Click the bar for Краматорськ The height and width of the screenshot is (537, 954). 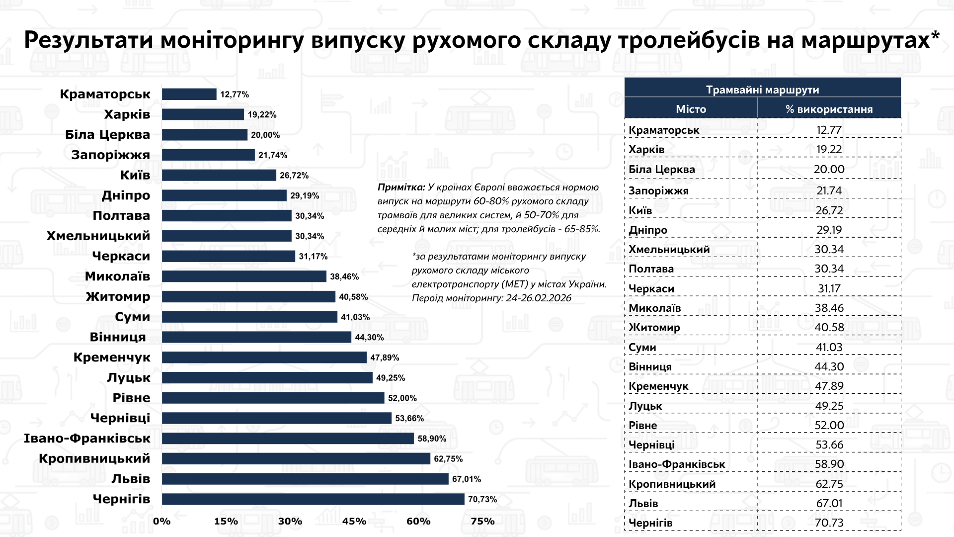[x=189, y=94]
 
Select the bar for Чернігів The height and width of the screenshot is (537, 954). [x=313, y=499]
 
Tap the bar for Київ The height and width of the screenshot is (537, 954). [x=219, y=175]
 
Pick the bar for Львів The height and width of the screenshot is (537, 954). [x=305, y=479]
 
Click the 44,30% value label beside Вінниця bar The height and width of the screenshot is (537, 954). [x=369, y=337]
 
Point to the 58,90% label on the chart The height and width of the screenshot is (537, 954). [x=432, y=439]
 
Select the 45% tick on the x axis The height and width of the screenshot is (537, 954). [x=354, y=521]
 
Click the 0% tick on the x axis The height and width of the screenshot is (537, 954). [x=162, y=521]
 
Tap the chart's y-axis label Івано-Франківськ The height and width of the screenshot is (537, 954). [x=87, y=439]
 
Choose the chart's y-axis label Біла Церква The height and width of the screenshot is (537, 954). [x=107, y=135]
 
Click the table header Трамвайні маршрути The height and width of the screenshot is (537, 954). [x=762, y=90]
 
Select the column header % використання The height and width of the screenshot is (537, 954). [x=829, y=109]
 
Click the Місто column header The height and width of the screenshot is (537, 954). [x=691, y=109]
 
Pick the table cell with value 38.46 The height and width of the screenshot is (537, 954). [x=829, y=308]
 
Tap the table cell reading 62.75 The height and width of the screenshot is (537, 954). [x=829, y=484]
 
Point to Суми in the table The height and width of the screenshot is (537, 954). [x=642, y=347]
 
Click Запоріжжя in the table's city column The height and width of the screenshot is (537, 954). [x=658, y=190]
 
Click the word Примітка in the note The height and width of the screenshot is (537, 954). [x=401, y=187]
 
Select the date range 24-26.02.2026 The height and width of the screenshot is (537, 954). [x=539, y=298]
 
